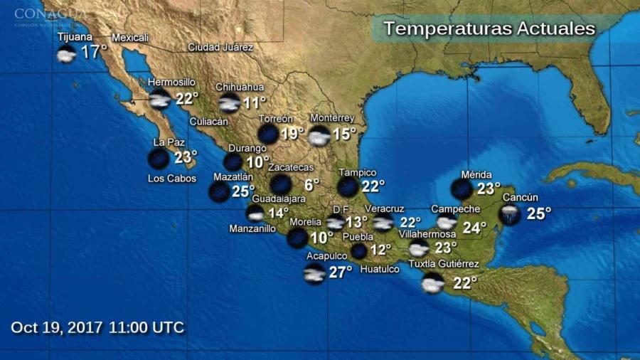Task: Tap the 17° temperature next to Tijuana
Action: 93,52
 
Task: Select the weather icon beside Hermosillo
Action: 159,99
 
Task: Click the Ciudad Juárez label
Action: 220,47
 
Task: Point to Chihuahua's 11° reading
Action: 255,102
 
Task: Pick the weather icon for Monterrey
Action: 319,135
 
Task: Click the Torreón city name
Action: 276,118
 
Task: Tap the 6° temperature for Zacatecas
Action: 312,185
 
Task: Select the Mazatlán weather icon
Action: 219,191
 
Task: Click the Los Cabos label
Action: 171,179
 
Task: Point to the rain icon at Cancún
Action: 509,214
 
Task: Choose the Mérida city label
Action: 476,175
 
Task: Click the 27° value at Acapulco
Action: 341,272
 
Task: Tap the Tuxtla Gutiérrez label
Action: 444,265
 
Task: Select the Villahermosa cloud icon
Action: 419,248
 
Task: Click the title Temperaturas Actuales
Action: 489,29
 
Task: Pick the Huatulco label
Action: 379,269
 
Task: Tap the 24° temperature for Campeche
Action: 474,228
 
